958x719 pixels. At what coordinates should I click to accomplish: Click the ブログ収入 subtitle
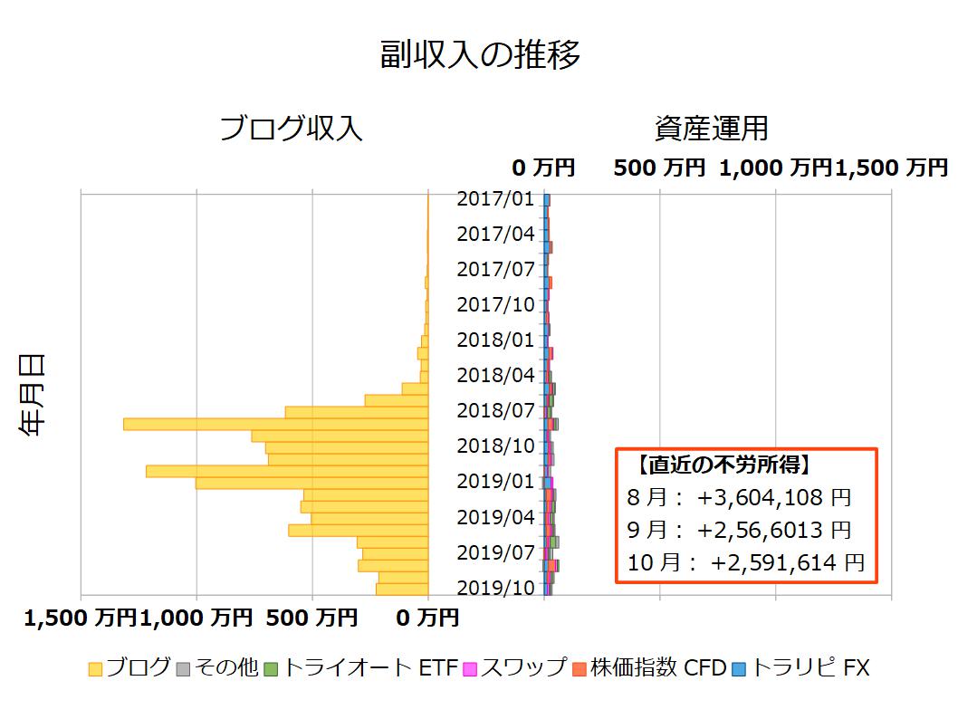click(x=291, y=129)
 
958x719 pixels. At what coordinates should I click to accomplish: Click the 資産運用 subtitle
click(x=711, y=129)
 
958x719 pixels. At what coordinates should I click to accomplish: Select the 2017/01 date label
click(x=495, y=198)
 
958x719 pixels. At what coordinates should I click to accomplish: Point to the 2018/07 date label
click(x=495, y=410)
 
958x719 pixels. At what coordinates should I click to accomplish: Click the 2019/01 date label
click(x=495, y=481)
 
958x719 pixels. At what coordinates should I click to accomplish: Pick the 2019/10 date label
click(x=495, y=588)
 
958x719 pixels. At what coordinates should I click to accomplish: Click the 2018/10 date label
click(x=495, y=446)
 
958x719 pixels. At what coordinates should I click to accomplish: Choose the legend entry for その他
click(x=216, y=668)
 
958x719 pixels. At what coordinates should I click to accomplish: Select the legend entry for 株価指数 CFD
click(x=648, y=668)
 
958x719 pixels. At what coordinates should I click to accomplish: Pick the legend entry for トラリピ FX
click(x=800, y=668)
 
